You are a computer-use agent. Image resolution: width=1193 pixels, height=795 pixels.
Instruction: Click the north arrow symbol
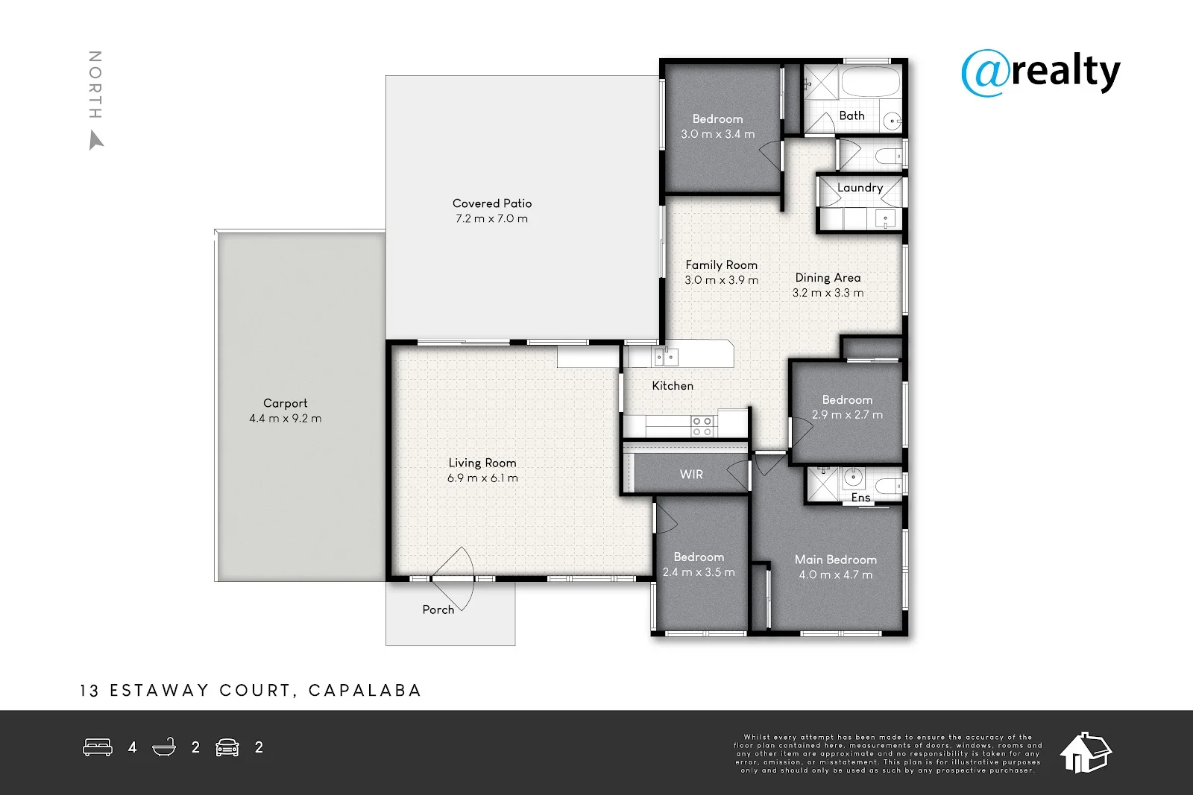coord(96,141)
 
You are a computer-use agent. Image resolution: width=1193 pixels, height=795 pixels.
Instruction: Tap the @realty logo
coord(1041,74)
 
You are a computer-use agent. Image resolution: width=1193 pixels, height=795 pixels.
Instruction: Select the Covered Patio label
coord(492,203)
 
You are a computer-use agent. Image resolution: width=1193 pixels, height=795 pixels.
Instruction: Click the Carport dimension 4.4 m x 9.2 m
coord(286,418)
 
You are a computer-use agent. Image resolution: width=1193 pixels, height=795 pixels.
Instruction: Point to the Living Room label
coord(482,463)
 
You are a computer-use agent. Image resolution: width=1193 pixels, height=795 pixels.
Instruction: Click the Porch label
coord(438,609)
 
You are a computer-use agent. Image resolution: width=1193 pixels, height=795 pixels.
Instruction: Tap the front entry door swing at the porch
coord(453,579)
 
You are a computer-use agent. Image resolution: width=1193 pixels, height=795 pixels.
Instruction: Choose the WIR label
coord(691,474)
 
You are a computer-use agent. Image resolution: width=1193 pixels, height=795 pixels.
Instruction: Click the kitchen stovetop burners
coord(702,426)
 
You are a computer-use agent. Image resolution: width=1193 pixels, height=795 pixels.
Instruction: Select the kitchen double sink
coord(666,357)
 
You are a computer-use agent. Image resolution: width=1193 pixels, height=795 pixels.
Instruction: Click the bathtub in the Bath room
coord(869,82)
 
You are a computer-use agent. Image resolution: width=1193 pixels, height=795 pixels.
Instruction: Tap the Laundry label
coord(860,188)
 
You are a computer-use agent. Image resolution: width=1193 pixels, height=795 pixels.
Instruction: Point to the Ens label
coord(860,498)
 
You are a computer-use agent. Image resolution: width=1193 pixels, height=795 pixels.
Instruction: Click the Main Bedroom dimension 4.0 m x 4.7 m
coord(836,574)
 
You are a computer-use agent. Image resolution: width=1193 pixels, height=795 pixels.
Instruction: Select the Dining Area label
coord(828,278)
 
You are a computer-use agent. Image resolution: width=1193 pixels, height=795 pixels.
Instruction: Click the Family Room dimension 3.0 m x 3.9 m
coord(721,280)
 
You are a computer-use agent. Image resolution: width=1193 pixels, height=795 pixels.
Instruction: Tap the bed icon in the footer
coord(98,747)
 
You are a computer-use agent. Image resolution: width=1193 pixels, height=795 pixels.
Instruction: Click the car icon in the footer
coord(227,747)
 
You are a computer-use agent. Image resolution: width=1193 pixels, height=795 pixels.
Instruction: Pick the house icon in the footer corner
coord(1086,753)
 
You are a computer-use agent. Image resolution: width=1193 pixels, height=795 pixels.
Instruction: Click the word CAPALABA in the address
coord(365,690)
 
